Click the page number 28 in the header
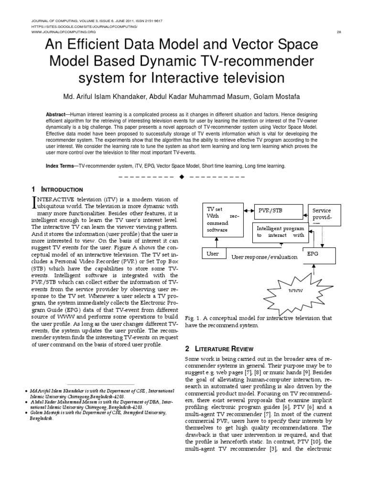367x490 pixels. (338, 32)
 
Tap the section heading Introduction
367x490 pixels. (63, 189)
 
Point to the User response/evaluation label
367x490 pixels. (264, 257)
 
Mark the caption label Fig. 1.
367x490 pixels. (191, 318)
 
